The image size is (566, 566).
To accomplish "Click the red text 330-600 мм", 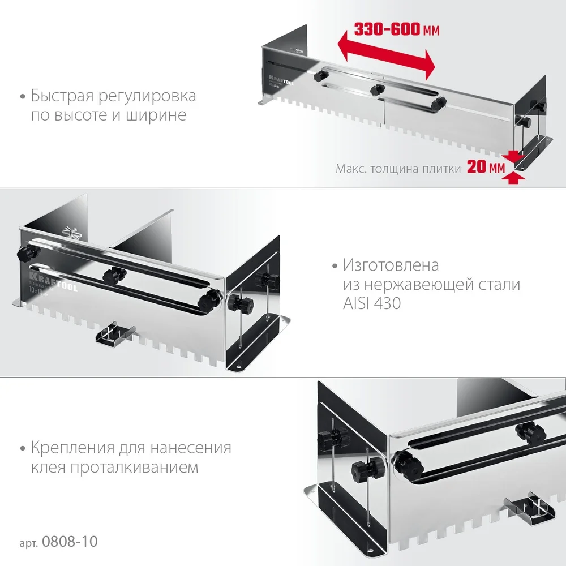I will coord(396,29).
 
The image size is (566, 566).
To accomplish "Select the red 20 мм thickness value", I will coord(485,168).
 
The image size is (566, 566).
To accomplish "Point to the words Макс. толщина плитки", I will coord(397,168).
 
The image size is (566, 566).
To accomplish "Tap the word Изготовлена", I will coord(391,264).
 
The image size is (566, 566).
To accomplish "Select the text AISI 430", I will coord(371,303).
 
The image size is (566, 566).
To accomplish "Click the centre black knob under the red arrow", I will coord(376,89).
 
